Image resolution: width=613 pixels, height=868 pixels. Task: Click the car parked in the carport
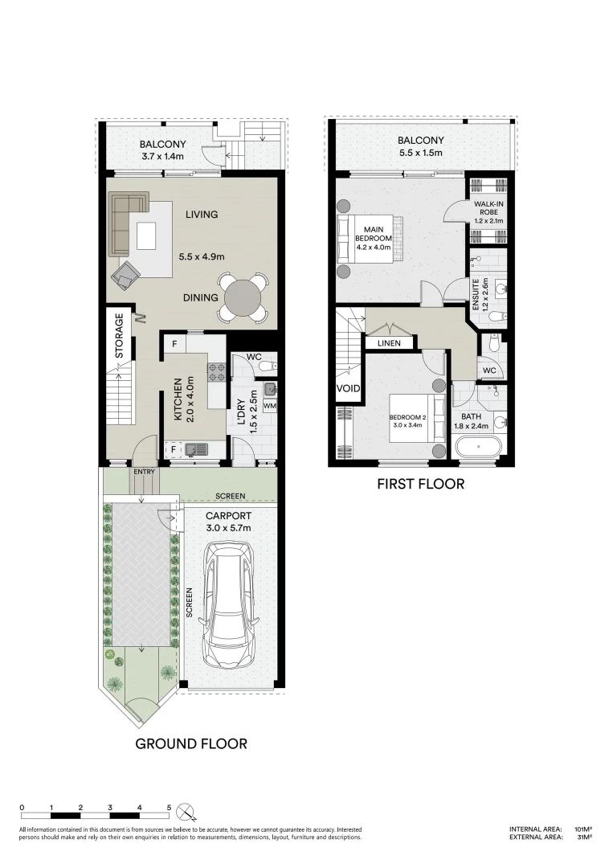(x=230, y=604)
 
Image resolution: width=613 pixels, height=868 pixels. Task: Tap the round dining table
(x=242, y=298)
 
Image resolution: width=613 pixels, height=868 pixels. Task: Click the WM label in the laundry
(x=269, y=406)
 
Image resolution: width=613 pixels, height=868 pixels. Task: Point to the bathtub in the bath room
(x=478, y=447)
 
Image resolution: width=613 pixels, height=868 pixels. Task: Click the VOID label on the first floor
(x=349, y=388)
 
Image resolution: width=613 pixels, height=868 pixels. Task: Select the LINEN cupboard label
(x=389, y=343)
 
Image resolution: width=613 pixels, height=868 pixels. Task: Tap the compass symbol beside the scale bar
(x=187, y=812)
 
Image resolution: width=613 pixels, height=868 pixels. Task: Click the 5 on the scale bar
(x=170, y=808)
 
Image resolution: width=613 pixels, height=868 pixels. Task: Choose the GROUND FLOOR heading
(x=191, y=743)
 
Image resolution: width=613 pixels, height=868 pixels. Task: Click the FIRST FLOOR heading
(x=420, y=484)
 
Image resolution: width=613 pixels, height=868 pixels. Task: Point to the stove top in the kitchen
(x=216, y=371)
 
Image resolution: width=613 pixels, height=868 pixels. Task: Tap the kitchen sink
(x=196, y=449)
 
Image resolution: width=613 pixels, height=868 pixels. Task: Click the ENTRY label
(x=145, y=472)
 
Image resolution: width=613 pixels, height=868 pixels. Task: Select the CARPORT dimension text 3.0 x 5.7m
(x=228, y=528)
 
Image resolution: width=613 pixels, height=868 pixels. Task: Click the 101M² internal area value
(x=583, y=829)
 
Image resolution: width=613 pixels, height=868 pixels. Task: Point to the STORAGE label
(x=120, y=336)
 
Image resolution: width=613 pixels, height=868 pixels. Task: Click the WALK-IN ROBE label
(x=489, y=208)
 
